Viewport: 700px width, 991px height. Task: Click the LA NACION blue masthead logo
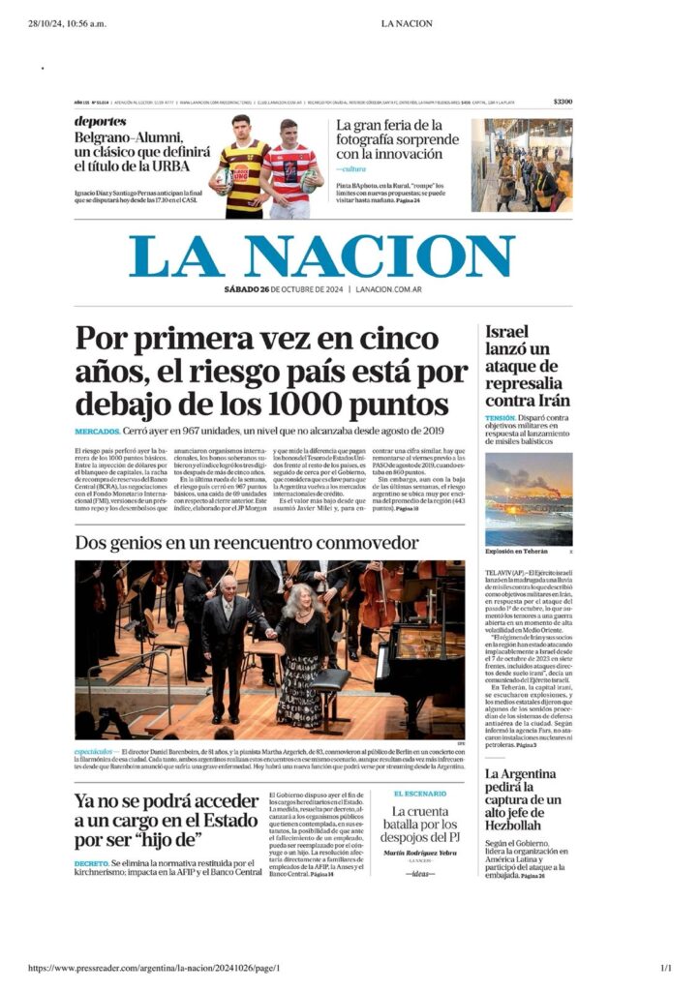point(322,256)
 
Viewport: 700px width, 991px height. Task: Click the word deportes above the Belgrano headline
point(101,121)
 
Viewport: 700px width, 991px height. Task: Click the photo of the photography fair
point(521,165)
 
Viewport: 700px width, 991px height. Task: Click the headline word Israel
point(507,332)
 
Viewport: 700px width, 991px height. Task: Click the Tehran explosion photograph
point(528,499)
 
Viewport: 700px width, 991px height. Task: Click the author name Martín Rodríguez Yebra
point(419,853)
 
